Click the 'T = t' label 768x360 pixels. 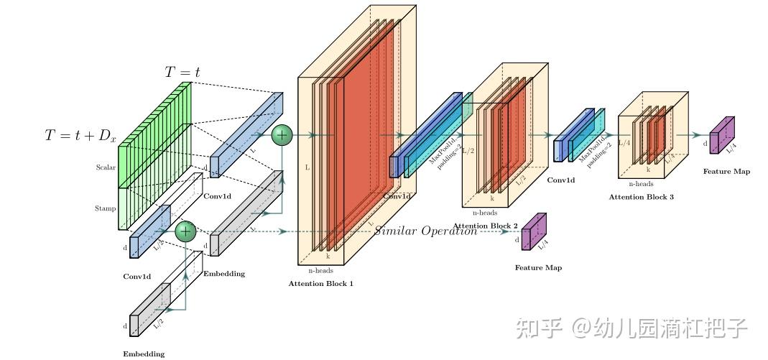point(183,72)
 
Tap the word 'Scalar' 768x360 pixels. point(106,167)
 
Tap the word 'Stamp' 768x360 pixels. point(106,208)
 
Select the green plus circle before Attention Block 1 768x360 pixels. point(282,134)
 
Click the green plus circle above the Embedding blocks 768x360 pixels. point(186,231)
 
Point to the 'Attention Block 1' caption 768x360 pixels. point(321,284)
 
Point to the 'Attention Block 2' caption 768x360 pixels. point(486,226)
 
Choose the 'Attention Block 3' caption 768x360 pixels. point(642,196)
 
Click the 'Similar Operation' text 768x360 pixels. point(425,231)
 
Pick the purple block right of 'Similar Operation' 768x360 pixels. point(533,232)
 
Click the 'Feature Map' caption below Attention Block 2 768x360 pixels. point(538,268)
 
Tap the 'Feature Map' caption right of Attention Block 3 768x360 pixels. point(726,172)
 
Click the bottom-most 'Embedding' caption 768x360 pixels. point(143,354)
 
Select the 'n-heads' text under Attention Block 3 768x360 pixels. point(640,184)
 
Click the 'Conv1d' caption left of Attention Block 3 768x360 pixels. point(560,180)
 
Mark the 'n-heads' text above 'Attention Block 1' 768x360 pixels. point(320,271)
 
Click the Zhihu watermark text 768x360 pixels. point(630,328)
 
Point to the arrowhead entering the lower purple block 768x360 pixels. point(518,231)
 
